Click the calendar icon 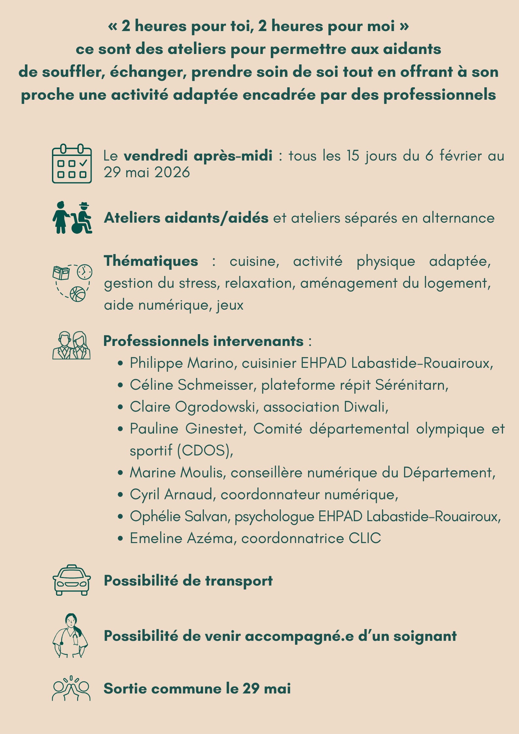pyautogui.click(x=72, y=163)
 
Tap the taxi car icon pyautogui.click(x=72, y=580)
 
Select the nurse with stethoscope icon pyautogui.click(x=70, y=636)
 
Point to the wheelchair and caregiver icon pyautogui.click(x=72, y=218)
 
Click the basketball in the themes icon pyautogui.click(x=78, y=294)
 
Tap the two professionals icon pyautogui.click(x=71, y=346)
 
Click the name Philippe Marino pyautogui.click(x=182, y=363)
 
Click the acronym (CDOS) pyautogui.click(x=205, y=451)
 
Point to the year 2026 pyautogui.click(x=172, y=172)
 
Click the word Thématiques pyautogui.click(x=151, y=261)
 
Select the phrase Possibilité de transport pyautogui.click(x=188, y=581)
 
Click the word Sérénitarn pyautogui.click(x=411, y=385)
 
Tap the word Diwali pyautogui.click(x=366, y=407)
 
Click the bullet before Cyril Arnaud pyautogui.click(x=121, y=495)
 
